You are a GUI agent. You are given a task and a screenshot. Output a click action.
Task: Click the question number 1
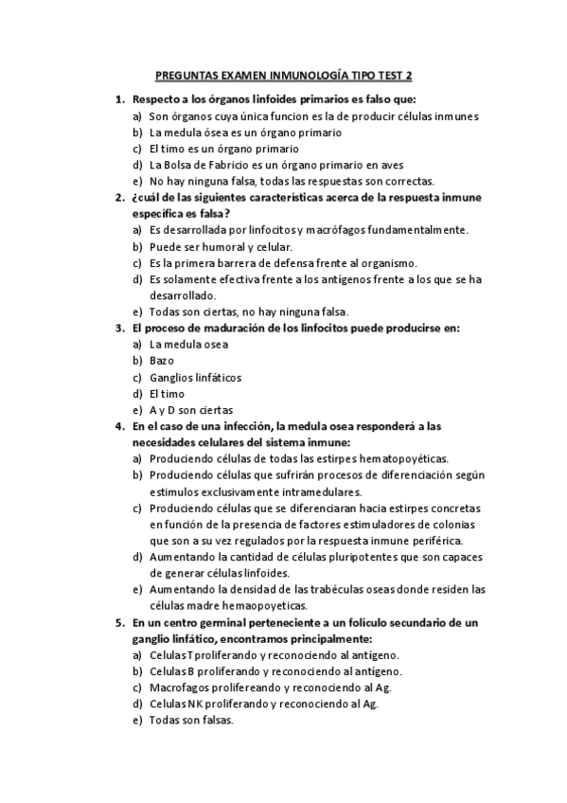118,99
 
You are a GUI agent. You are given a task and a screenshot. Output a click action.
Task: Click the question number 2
118,198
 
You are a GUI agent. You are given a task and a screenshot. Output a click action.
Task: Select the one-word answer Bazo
161,361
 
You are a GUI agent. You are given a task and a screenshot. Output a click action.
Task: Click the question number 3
118,329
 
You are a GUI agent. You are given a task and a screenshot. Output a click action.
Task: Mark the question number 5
118,622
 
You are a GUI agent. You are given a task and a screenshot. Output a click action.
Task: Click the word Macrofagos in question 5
179,687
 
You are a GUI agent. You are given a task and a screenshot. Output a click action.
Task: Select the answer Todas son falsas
190,720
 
